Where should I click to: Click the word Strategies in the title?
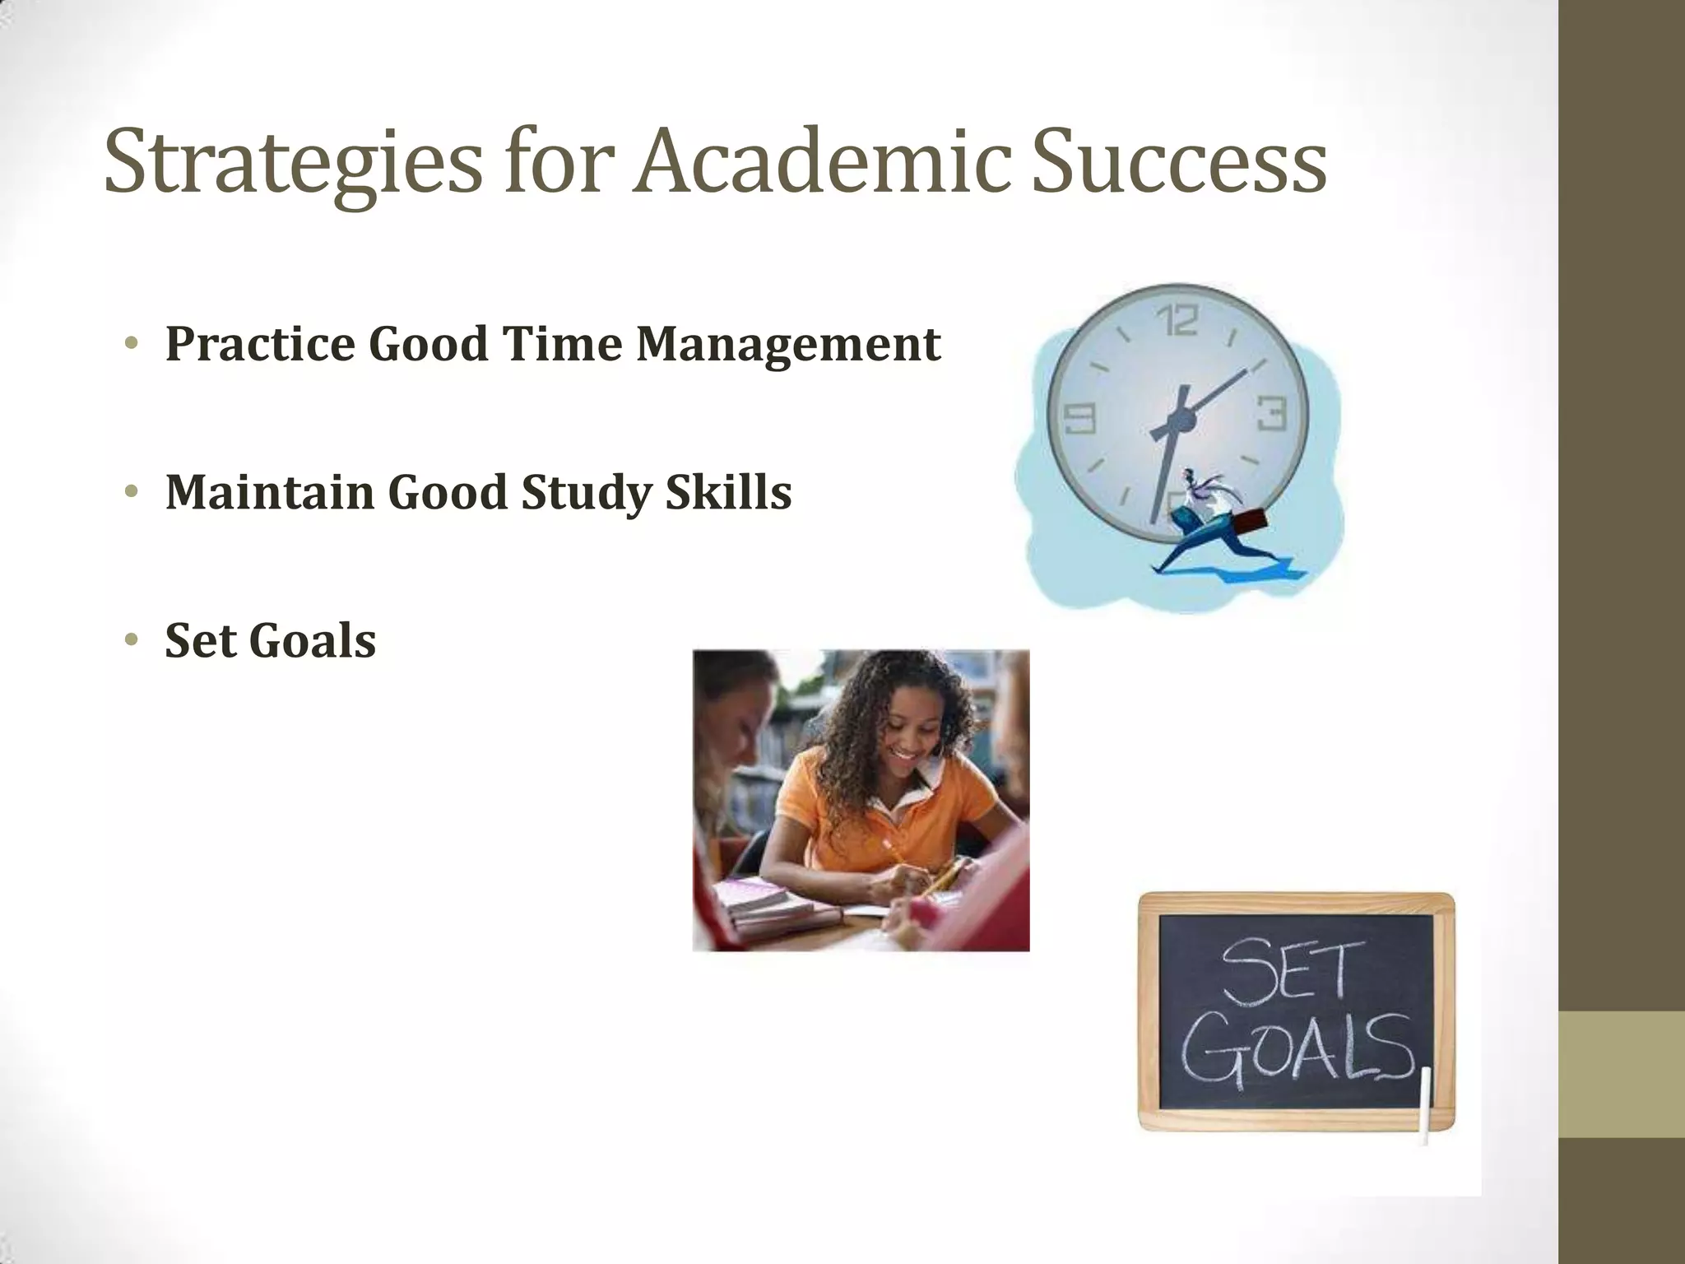[292, 165]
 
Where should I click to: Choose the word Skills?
[728, 492]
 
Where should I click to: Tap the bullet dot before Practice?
[130, 343]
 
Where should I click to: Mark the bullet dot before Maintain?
[130, 492]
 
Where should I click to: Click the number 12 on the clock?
[1178, 321]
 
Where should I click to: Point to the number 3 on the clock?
[1271, 413]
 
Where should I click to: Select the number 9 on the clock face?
[1079, 419]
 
